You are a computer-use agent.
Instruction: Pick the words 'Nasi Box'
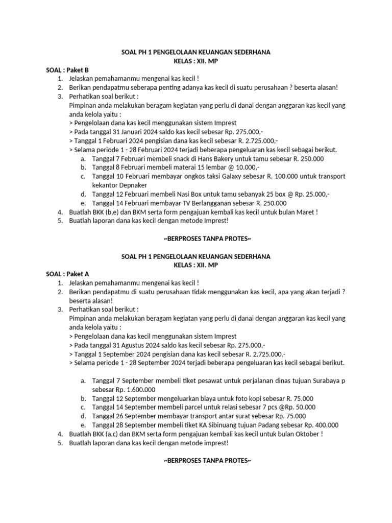[178, 194]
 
